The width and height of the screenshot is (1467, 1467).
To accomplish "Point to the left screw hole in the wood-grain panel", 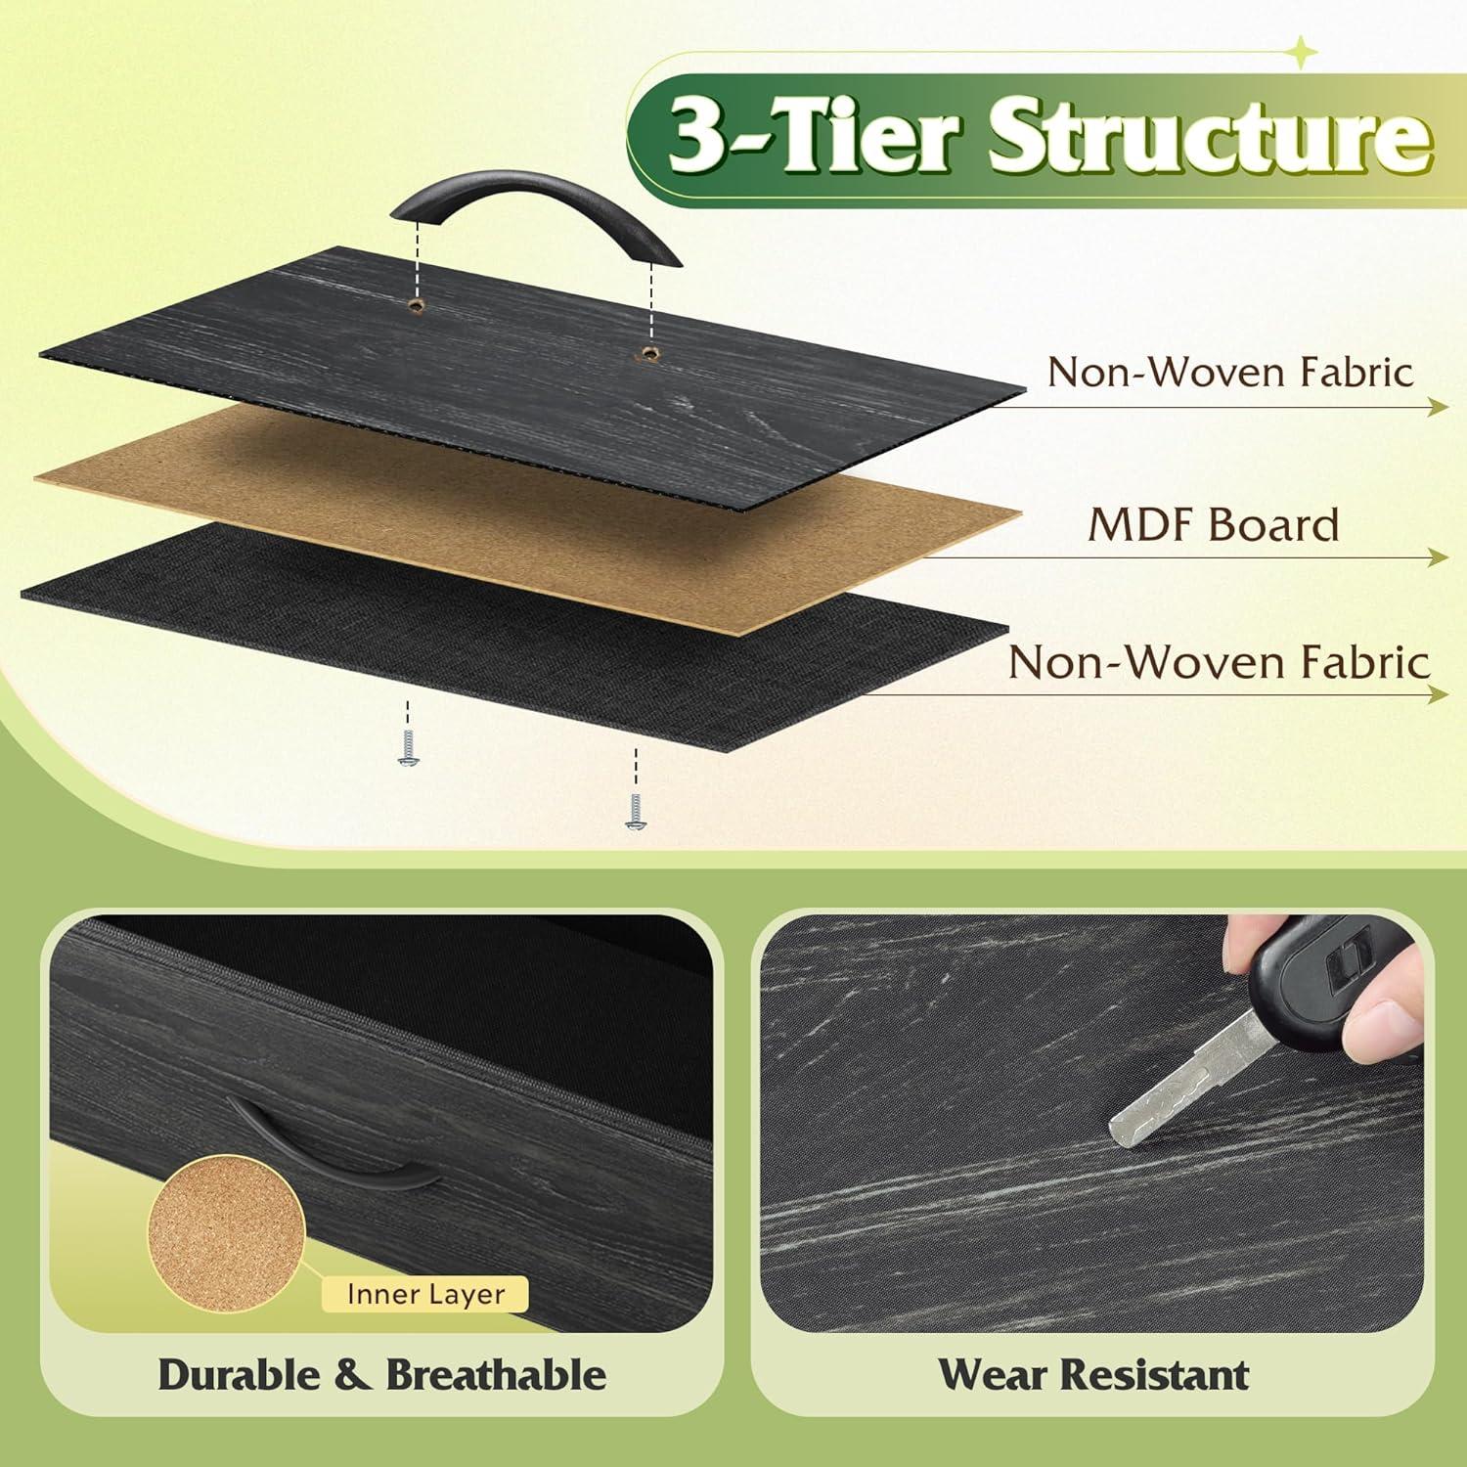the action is pyautogui.click(x=418, y=306).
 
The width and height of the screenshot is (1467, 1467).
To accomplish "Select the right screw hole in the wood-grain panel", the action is pyautogui.click(x=648, y=352).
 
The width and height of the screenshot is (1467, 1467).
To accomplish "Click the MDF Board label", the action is pyautogui.click(x=1214, y=525).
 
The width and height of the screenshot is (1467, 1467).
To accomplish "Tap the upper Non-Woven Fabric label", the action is pyautogui.click(x=1230, y=373).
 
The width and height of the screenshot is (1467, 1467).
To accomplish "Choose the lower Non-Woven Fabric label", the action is pyautogui.click(x=1220, y=662).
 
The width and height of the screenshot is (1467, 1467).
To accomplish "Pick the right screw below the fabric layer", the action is pyautogui.click(x=635, y=811).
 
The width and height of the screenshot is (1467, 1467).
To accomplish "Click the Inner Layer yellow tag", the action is pyautogui.click(x=425, y=1295).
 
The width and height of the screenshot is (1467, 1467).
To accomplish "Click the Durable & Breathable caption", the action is pyautogui.click(x=381, y=1375).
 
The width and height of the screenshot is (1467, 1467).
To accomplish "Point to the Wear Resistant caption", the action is pyautogui.click(x=1093, y=1375).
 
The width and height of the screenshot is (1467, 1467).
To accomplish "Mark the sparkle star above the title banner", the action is pyautogui.click(x=1302, y=53).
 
